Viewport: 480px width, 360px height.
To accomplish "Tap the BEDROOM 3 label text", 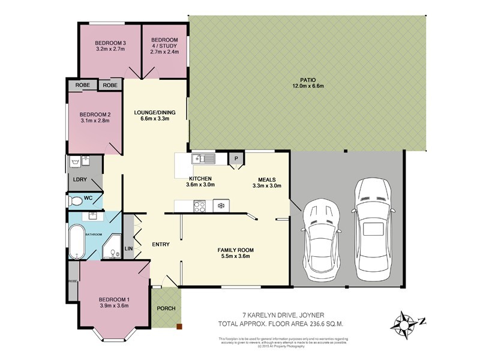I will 110,43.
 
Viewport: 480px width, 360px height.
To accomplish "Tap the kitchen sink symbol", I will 204,159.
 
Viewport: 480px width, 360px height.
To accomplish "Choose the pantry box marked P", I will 236,159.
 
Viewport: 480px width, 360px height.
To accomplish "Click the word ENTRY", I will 161,244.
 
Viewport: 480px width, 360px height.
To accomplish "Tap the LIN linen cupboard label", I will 128,248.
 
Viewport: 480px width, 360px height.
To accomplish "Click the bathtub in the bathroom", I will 76,241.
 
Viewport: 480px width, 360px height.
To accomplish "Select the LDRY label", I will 80,179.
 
